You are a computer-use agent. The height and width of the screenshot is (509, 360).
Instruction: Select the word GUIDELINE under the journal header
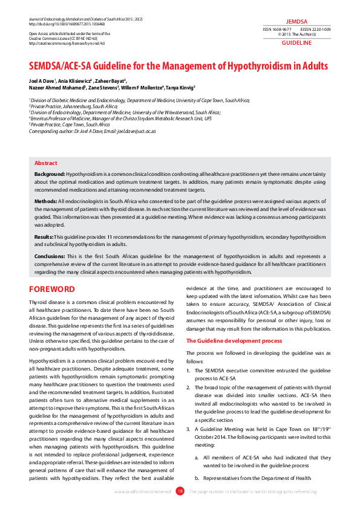click(x=296, y=44)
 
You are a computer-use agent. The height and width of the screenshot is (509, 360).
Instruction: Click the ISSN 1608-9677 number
click(x=277, y=29)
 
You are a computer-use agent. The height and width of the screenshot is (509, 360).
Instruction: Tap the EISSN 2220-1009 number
click(x=315, y=29)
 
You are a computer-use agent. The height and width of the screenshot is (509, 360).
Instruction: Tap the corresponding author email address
click(x=135, y=131)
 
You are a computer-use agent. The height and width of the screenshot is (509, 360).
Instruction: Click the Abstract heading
click(x=46, y=163)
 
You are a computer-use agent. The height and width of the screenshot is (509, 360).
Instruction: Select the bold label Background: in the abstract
click(x=50, y=174)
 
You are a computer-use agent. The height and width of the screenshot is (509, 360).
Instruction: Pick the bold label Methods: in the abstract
click(x=45, y=200)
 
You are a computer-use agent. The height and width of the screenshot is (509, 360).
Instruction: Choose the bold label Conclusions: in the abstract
click(x=50, y=256)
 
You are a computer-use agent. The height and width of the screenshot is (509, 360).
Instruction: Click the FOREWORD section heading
click(x=52, y=290)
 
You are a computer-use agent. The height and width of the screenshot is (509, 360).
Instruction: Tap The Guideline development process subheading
click(x=234, y=341)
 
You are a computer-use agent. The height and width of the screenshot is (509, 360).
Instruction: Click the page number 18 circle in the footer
click(x=180, y=491)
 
